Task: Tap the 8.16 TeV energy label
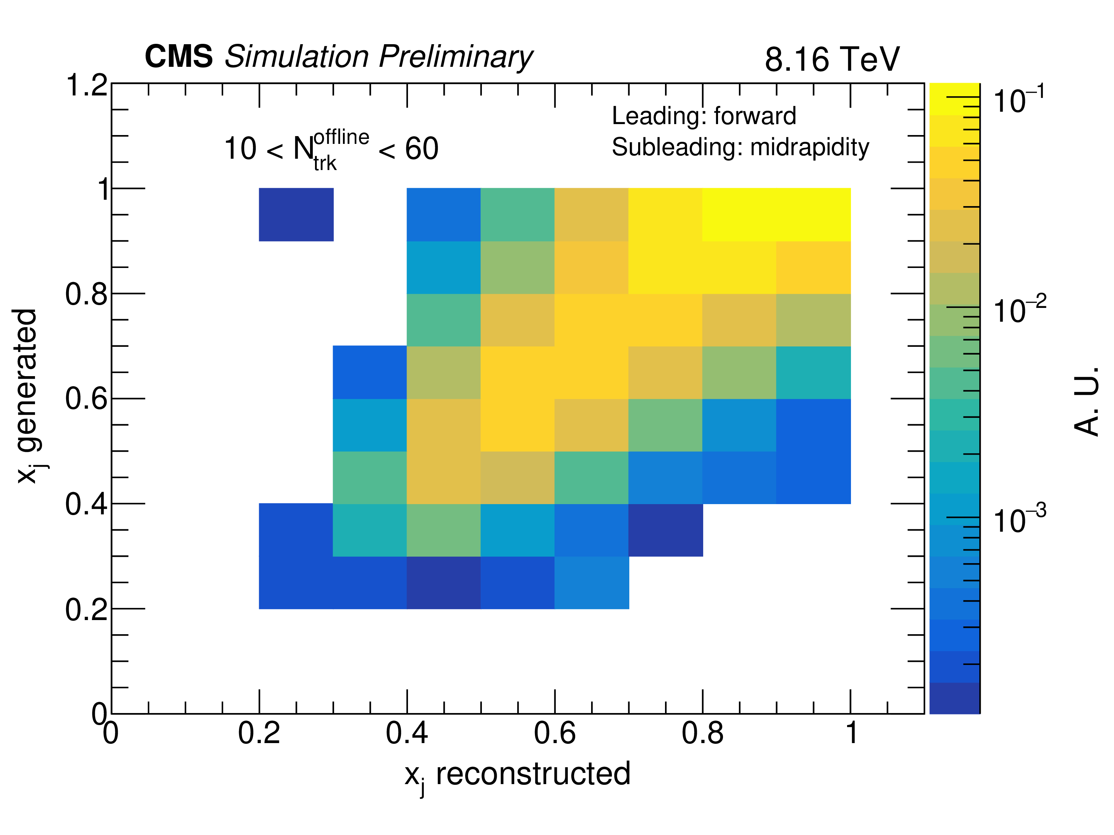point(832,59)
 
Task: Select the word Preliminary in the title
point(455,57)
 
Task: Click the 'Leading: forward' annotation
point(704,116)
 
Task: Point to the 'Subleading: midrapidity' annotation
point(740,147)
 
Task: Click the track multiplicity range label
point(331,149)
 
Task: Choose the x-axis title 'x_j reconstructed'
point(517,775)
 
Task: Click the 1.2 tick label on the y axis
point(87,84)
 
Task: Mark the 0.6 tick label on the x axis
point(554,733)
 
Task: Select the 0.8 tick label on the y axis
point(86,294)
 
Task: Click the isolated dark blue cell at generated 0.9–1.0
point(296,215)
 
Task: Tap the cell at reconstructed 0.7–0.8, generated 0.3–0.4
point(666,530)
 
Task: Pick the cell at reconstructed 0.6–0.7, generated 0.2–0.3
point(592,583)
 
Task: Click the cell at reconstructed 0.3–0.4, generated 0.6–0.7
point(370,372)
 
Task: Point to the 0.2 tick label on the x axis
point(259,733)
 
